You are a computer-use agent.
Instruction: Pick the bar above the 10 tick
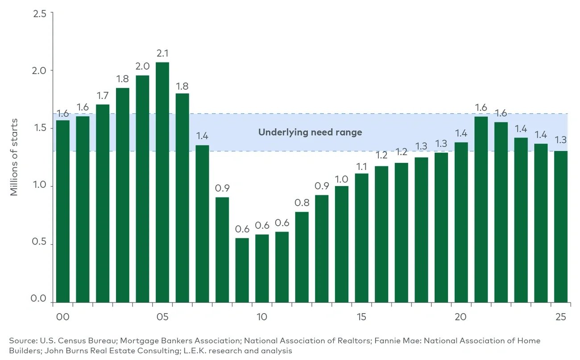coord(262,268)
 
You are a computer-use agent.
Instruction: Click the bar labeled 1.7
coord(103,203)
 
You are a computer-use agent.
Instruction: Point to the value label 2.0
coord(142,66)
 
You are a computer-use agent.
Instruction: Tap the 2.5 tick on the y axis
coord(40,13)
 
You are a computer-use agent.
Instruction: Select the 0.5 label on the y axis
coord(40,244)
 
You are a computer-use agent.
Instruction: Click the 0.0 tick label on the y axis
coord(40,298)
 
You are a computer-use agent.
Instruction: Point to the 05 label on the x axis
coord(162,317)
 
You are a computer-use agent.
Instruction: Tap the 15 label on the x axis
coord(361,317)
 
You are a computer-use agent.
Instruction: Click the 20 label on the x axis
coord(461,317)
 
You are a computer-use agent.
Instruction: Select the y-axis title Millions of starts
coord(14,157)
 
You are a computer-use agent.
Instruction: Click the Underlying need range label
coord(310,132)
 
